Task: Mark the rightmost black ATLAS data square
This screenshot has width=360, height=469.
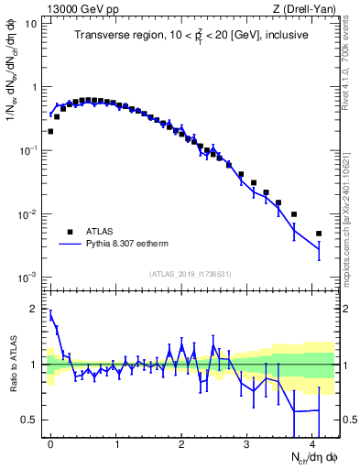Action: coord(319,234)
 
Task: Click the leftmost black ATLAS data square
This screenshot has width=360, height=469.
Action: coord(50,131)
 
